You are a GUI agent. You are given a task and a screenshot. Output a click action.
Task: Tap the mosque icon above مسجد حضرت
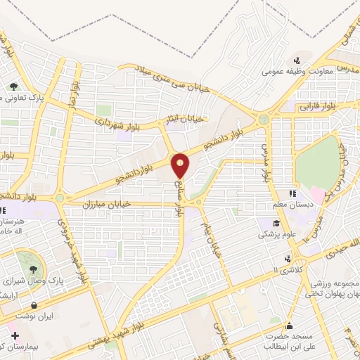289,326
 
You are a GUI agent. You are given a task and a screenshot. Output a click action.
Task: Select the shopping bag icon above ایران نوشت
34,306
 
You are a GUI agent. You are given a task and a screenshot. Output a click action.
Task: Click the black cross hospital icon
15,335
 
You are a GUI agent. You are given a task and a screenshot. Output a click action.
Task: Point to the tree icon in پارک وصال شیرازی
32,269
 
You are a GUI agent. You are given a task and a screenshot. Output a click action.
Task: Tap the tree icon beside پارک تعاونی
14,86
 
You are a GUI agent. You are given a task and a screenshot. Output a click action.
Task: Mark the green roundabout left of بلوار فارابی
264,120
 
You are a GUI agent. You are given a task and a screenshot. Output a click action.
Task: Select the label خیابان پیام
212,241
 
